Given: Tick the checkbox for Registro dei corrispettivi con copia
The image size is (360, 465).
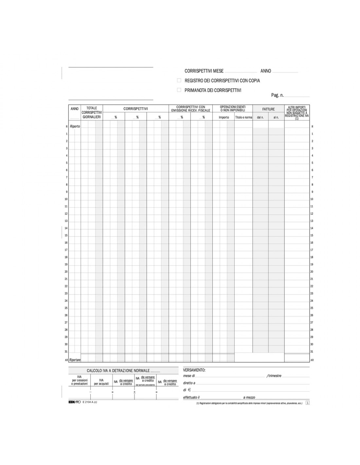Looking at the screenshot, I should coord(179,80).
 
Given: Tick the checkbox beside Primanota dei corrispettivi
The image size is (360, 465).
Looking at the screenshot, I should coord(179,90).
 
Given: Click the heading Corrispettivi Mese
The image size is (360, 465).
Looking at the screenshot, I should coord(204,71).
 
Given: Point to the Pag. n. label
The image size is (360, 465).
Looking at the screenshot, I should coord(277,95).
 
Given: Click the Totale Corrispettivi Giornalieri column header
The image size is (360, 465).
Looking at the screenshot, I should coord(92,112).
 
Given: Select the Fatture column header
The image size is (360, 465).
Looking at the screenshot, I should coord(268,109).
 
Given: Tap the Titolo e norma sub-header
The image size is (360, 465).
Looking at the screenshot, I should coord(243,117).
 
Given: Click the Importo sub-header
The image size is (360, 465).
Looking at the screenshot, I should coord(224,117).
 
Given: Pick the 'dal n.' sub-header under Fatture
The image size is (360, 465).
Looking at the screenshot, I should coord(260,117).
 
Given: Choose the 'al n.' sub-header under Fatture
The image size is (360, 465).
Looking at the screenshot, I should coord(276,117).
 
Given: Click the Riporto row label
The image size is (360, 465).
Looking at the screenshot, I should coord(75,127).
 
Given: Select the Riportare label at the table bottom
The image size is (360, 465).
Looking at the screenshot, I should coord(75,360).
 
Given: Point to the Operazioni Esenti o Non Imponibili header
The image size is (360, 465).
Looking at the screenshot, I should coord(233,109).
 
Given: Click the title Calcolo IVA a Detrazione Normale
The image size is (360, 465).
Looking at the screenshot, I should coord(118,371).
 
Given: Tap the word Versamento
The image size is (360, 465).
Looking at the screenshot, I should coord(194,370).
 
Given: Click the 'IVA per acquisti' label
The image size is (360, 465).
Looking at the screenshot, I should coord(101,382).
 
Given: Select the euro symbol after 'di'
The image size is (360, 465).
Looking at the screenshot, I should coord(189,390).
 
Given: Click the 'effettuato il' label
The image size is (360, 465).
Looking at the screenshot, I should coord(191,397).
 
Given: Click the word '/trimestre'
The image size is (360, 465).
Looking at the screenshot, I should coord(274,376).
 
